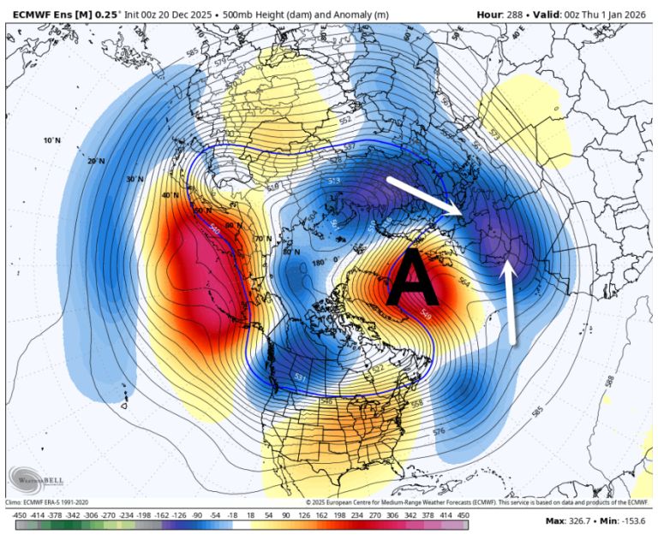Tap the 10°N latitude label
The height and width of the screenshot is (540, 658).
[x=52, y=139]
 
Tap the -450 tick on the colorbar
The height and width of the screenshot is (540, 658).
[x=16, y=515]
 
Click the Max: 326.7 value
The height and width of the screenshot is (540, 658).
[x=573, y=520]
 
